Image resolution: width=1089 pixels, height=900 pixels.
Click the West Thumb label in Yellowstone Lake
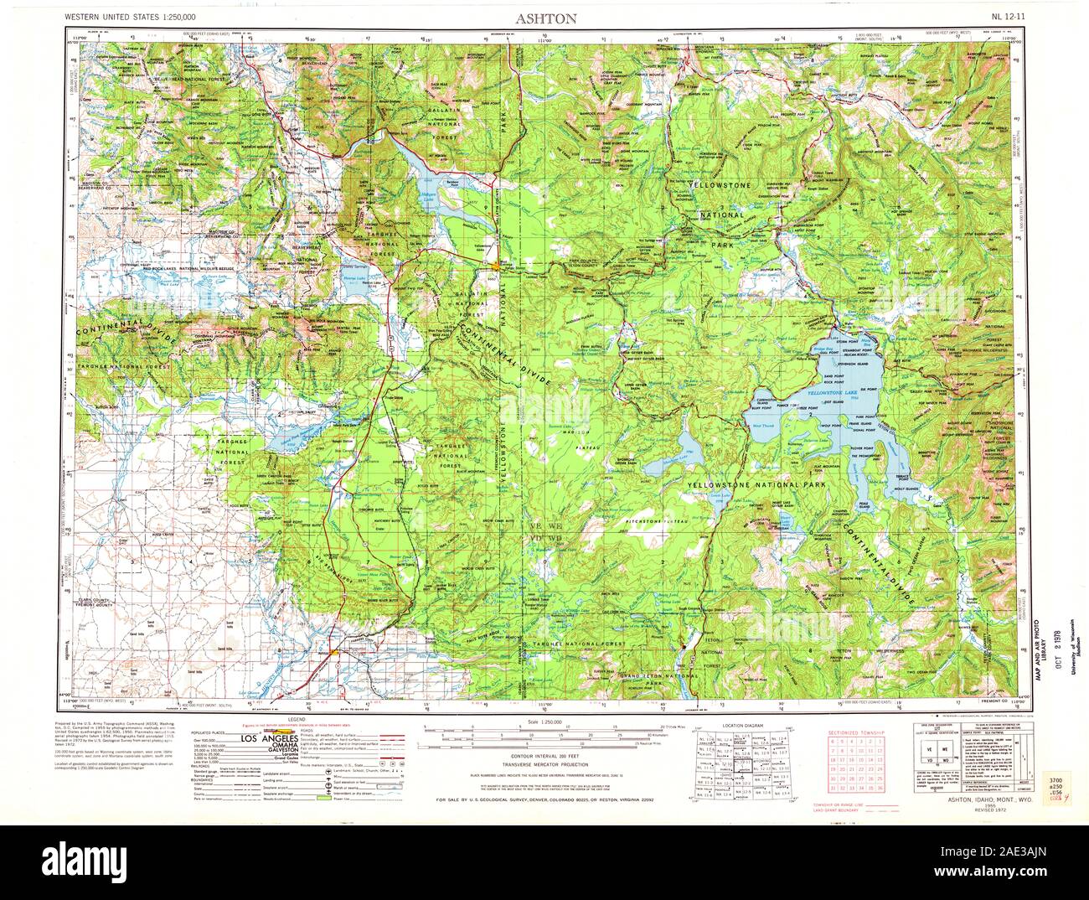(x=763, y=427)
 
